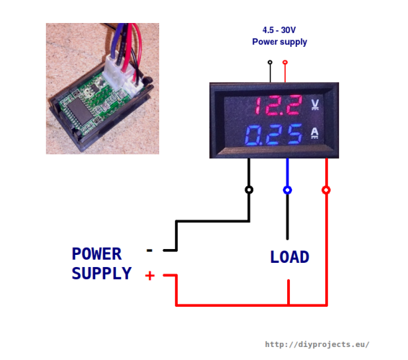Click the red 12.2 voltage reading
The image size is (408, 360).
(278, 105)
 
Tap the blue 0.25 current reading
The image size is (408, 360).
(273, 135)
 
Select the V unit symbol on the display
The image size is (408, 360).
(315, 104)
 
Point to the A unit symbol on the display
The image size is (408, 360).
(315, 132)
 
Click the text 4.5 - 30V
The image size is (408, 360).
(279, 30)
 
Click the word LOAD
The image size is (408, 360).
(289, 257)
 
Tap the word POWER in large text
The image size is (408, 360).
(96, 253)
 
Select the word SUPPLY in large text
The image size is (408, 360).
(101, 274)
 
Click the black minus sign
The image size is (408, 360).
(150, 251)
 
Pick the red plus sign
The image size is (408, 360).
(150, 276)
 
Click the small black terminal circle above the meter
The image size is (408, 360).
(270, 62)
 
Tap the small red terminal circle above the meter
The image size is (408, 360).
(285, 62)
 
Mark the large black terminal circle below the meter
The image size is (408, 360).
(249, 190)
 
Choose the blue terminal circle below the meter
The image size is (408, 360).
(287, 190)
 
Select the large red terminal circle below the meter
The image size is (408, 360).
(326, 190)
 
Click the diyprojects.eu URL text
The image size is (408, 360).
(317, 344)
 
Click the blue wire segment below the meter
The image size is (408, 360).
(287, 172)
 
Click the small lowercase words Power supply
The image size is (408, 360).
(279, 42)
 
